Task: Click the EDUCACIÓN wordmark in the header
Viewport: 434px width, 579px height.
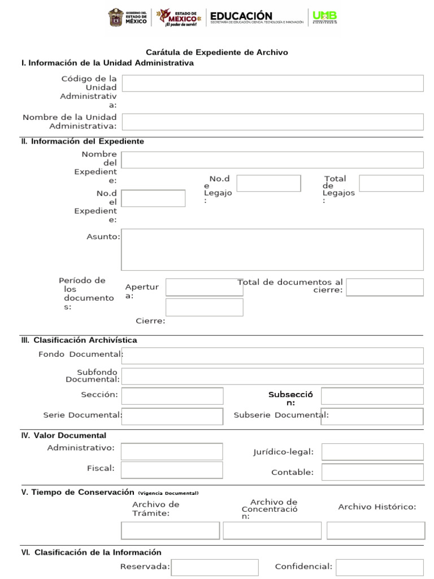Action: pos(241,16)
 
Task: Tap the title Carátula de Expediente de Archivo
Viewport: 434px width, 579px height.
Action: pos(217,52)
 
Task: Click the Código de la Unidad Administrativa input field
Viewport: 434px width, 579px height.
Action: pos(272,83)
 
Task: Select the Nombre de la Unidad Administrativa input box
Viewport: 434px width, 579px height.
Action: pos(272,122)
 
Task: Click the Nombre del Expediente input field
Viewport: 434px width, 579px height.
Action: pos(272,160)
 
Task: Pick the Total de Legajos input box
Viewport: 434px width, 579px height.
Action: pos(391,183)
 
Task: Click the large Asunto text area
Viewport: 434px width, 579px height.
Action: pos(272,249)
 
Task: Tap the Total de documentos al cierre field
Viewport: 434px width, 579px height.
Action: pos(384,287)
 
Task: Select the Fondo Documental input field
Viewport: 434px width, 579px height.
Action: pos(272,356)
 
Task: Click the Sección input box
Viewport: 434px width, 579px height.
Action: pos(172,396)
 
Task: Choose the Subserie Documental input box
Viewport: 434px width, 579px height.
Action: pos(372,416)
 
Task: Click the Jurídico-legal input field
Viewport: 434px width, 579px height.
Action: pos(372,452)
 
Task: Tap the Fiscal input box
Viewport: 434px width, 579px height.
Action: pos(172,470)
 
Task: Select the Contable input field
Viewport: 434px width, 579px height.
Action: pos(372,472)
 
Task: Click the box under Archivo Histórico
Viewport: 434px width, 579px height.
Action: pos(376,530)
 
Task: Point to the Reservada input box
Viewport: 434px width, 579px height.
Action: pos(215,567)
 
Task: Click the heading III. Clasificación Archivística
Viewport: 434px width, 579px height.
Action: pos(79,340)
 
